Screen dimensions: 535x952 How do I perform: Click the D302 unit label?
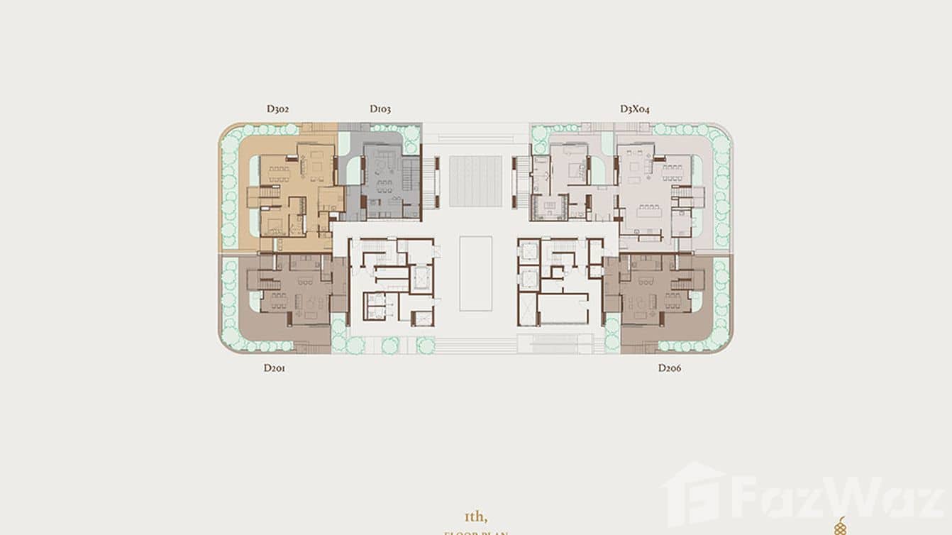[x=277, y=109]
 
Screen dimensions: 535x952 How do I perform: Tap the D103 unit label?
[x=380, y=109]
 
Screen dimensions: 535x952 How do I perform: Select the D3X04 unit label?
[x=634, y=109]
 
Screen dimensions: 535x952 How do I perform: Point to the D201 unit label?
[x=274, y=368]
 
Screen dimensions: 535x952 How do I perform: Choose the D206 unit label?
[x=669, y=368]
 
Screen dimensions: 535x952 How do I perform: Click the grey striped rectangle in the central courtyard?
[x=475, y=182]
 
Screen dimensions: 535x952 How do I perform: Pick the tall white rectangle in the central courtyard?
[x=475, y=273]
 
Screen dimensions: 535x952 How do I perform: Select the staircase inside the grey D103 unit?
[x=410, y=175]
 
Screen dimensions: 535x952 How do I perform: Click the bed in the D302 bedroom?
[x=274, y=225]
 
